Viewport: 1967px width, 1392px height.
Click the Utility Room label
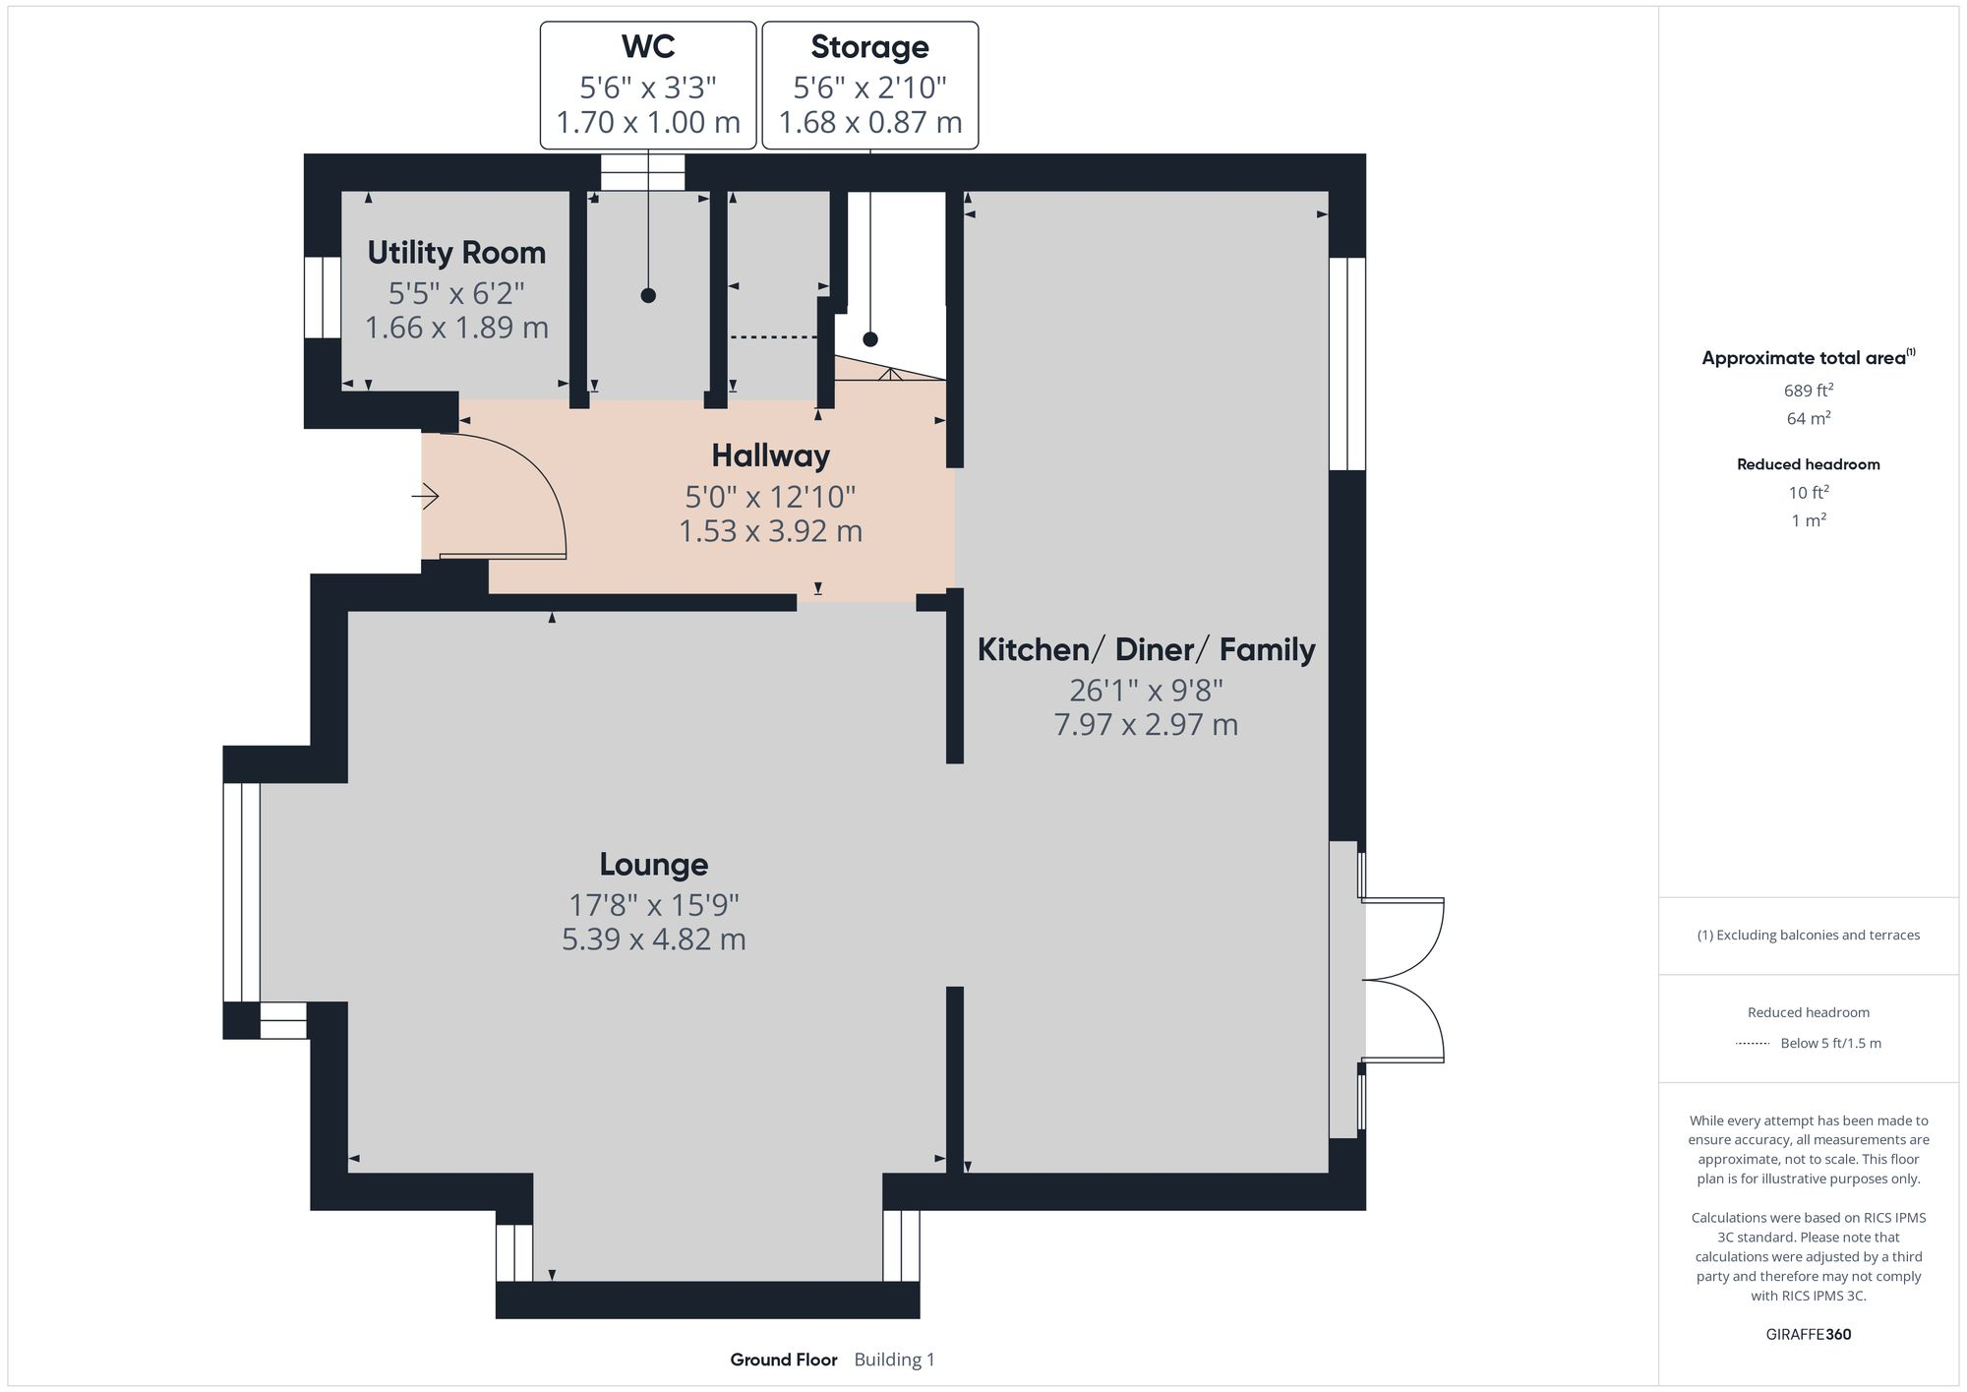coord(456,253)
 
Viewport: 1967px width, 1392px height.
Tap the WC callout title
coord(648,47)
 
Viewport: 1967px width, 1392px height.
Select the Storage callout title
coord(869,47)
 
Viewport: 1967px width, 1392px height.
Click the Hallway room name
coord(770,455)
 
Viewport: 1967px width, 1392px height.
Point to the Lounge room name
coord(653,865)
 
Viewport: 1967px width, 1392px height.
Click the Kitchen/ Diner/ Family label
coord(1146,650)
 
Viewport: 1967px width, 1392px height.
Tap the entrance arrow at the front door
coord(425,497)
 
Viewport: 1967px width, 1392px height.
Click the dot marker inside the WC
coord(648,295)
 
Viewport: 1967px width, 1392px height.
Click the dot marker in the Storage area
coord(870,339)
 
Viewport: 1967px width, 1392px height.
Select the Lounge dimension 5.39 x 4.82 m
coord(653,939)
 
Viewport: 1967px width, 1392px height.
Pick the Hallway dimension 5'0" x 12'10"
coord(770,497)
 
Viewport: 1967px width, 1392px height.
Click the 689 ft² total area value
coord(1808,391)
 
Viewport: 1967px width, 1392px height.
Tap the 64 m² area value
coord(1808,419)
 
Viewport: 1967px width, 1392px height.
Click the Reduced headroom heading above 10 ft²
coord(1808,464)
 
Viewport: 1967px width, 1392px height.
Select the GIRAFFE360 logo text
coord(1808,1335)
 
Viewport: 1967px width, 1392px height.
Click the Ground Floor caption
coord(783,1360)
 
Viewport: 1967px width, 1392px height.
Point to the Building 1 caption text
coord(894,1360)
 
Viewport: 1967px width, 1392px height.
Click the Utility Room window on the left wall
coord(323,297)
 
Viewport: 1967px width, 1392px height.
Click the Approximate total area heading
coord(1804,358)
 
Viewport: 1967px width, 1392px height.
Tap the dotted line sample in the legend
coord(1753,1044)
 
